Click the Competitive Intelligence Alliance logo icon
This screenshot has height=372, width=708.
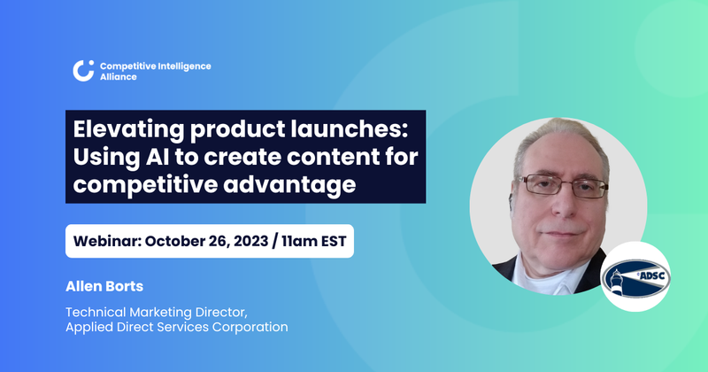tap(83, 71)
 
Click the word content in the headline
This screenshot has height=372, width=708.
tap(330, 157)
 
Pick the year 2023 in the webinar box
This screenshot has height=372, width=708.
tap(266, 241)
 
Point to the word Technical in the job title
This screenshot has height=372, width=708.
tap(97, 311)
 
